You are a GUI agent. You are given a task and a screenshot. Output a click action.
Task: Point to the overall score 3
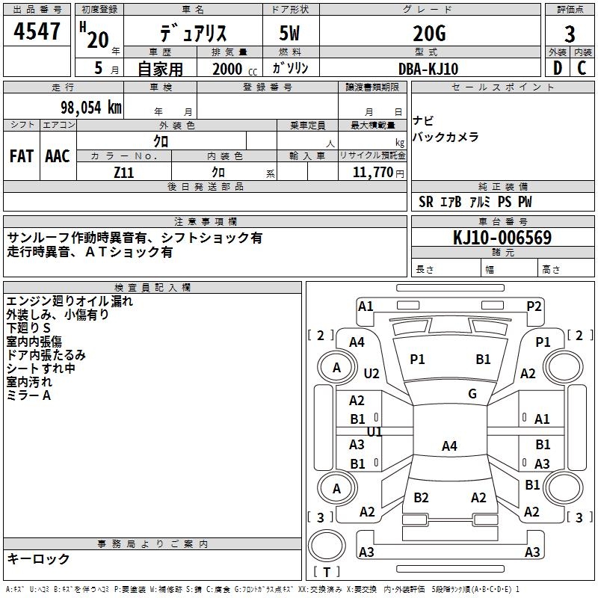(x=570, y=34)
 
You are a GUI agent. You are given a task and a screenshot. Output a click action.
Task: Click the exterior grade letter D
(x=557, y=68)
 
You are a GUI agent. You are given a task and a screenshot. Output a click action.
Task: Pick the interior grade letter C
(x=582, y=68)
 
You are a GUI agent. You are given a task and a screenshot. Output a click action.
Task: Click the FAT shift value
(x=22, y=155)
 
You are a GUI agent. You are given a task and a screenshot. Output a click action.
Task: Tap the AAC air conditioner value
(x=58, y=155)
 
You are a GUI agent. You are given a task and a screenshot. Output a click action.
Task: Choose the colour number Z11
(x=124, y=172)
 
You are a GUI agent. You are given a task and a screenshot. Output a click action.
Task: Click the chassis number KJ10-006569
(x=502, y=238)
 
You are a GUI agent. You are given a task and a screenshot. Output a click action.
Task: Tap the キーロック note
(x=39, y=558)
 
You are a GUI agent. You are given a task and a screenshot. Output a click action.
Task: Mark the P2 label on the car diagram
(x=534, y=306)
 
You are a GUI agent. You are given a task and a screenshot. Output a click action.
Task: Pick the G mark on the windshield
(x=472, y=394)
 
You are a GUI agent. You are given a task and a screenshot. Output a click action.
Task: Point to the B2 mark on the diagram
(x=421, y=498)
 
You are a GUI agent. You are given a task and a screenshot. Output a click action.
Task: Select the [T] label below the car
(x=327, y=572)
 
